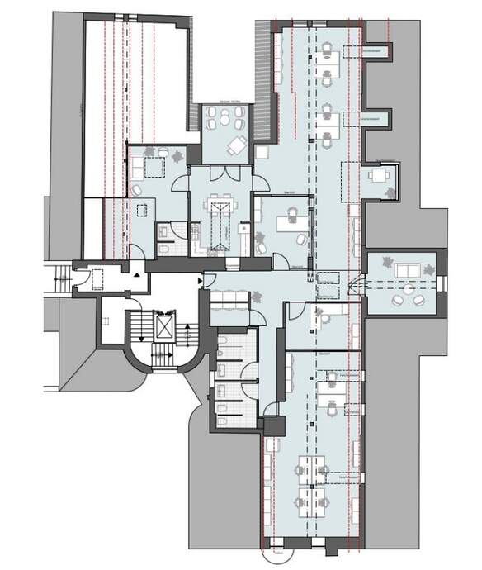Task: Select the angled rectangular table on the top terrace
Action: (238, 146)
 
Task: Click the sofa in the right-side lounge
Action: (405, 270)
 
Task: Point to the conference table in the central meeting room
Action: (219, 223)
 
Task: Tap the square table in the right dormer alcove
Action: (379, 174)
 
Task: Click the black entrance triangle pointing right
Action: (201, 281)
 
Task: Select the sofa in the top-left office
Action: (135, 166)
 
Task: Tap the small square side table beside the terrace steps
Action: (262, 152)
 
